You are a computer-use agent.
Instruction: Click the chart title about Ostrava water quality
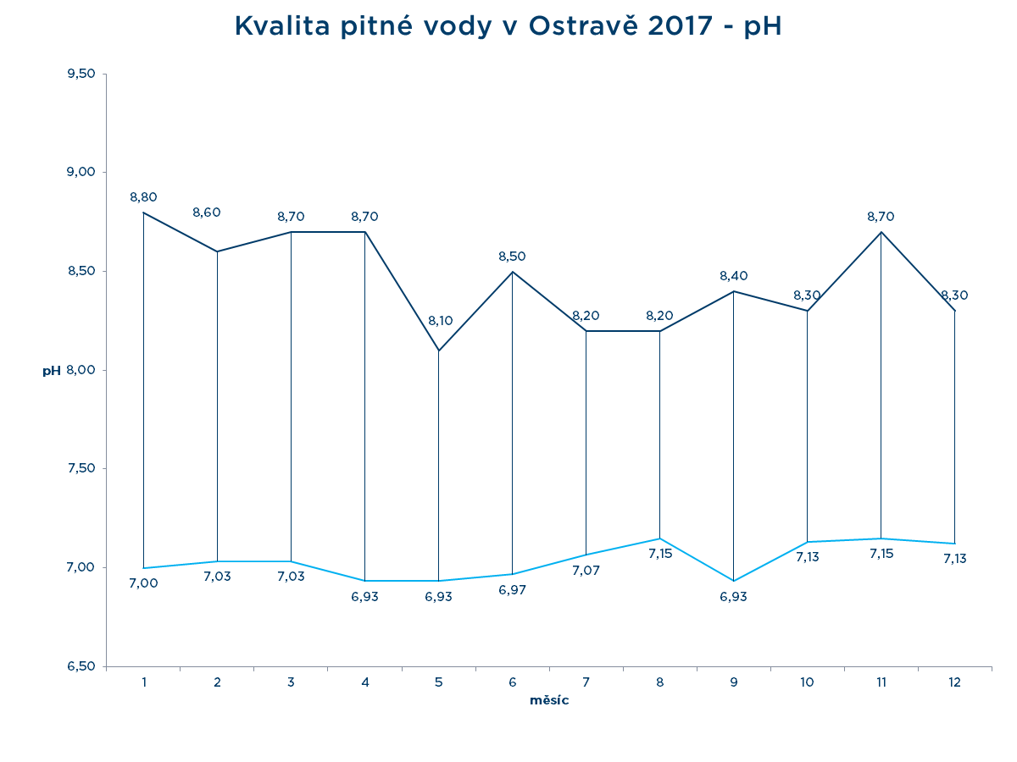[x=508, y=26]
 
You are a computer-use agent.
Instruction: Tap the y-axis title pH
[x=52, y=371]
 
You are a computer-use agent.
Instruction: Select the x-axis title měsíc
[x=549, y=700]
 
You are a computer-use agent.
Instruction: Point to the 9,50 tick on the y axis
[x=81, y=74]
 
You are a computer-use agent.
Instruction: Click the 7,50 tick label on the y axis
[x=81, y=468]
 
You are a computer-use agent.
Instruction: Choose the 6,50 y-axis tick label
[x=81, y=666]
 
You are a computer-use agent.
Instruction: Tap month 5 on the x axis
[x=439, y=682]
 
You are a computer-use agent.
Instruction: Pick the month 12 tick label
[x=955, y=682]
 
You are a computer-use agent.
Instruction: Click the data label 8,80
[x=143, y=197]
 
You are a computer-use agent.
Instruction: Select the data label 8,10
[x=441, y=321]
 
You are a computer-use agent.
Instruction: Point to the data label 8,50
[x=513, y=256]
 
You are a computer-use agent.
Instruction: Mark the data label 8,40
[x=733, y=276]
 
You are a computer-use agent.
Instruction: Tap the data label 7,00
[x=143, y=583]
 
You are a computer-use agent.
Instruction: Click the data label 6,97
[x=513, y=590]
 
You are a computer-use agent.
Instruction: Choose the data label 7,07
[x=586, y=571]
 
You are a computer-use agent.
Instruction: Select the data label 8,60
[x=207, y=213]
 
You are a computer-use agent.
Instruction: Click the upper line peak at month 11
[x=881, y=232]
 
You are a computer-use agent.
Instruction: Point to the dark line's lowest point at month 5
[x=439, y=351]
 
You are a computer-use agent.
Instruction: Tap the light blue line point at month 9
[x=733, y=581]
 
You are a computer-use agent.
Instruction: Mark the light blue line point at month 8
[x=659, y=538]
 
